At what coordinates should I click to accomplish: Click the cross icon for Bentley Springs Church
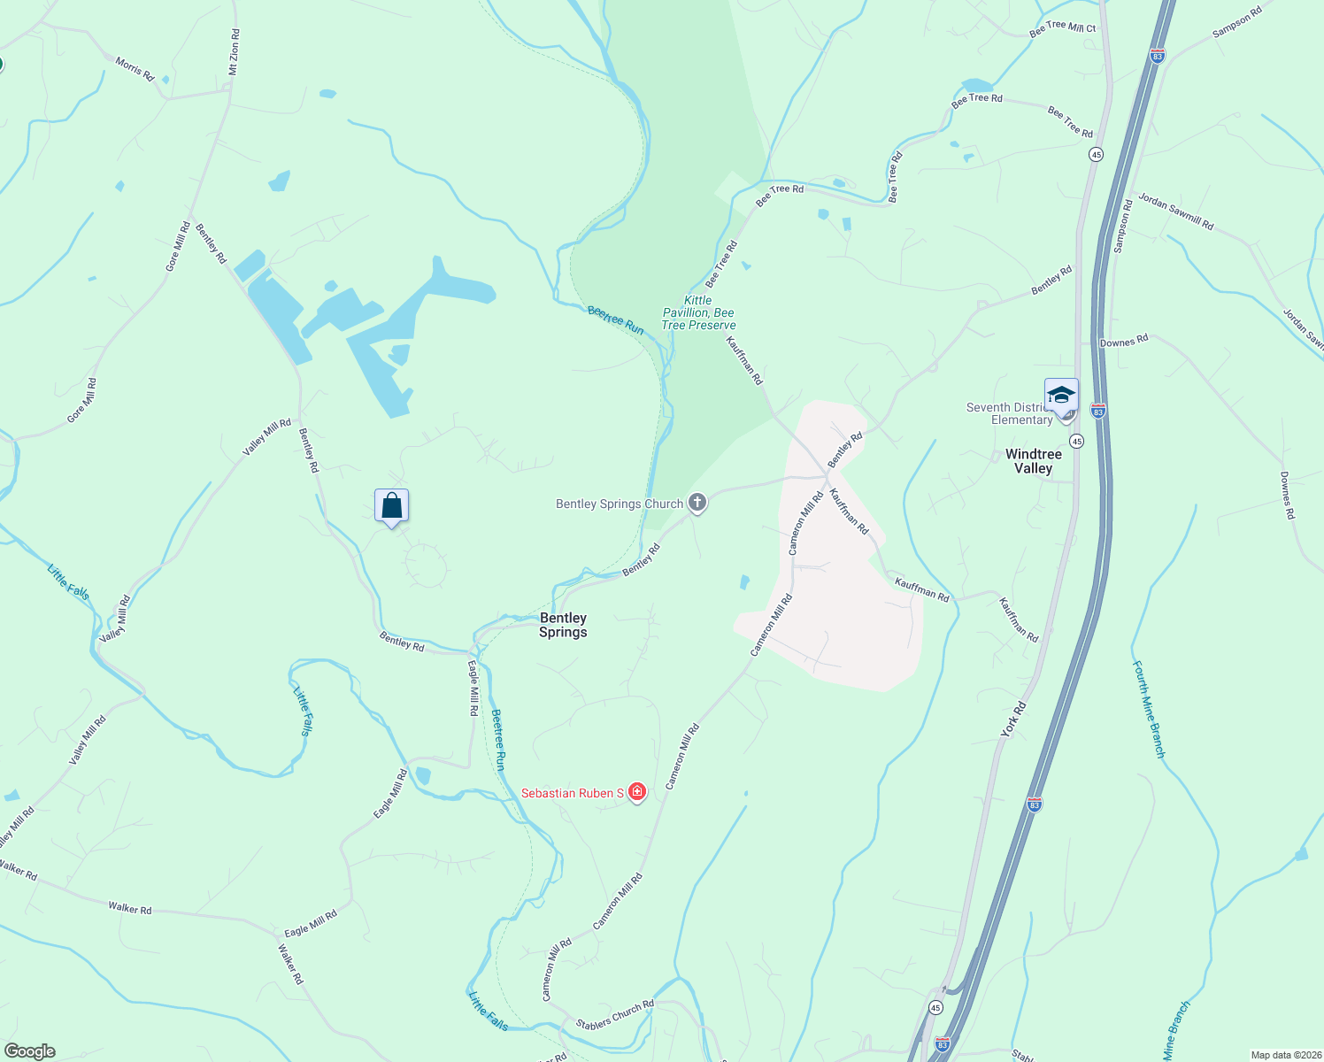click(697, 504)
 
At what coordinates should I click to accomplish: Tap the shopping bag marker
click(391, 506)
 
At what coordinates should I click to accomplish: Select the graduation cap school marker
click(1060, 395)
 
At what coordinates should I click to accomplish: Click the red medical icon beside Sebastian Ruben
click(636, 793)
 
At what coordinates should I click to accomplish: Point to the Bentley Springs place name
click(563, 625)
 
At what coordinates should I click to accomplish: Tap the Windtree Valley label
click(1033, 461)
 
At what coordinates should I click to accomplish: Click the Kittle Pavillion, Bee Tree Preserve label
click(698, 312)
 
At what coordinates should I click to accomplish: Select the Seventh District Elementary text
click(1010, 413)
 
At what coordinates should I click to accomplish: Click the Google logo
click(29, 1051)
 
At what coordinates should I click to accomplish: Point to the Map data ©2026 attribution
click(1284, 1055)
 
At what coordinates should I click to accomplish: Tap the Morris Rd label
click(135, 69)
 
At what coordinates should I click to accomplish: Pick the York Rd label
click(1013, 719)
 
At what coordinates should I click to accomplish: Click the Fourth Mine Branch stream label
click(1149, 709)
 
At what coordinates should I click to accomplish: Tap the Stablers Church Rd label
click(615, 1014)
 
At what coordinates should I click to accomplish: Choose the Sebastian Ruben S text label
click(572, 793)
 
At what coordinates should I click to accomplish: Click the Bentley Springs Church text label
click(620, 504)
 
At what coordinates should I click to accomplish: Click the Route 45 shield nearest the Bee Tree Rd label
click(1096, 154)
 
